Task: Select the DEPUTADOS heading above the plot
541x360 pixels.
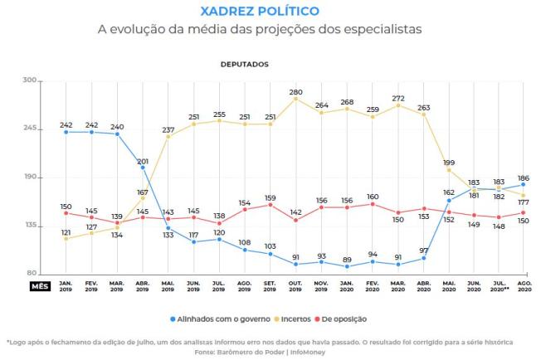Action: coord(244,63)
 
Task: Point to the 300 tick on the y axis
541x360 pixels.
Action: coord(31,80)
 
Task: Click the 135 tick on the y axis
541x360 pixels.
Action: coord(31,225)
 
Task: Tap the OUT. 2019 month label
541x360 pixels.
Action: coord(296,285)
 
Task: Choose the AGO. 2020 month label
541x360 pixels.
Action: coord(524,285)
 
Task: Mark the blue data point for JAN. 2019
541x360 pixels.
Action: coord(66,132)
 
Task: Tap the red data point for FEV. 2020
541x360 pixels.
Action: coord(373,204)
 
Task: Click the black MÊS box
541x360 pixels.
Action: coord(40,285)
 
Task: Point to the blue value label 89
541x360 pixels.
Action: coord(347,258)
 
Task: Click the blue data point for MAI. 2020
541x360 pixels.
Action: coord(449,200)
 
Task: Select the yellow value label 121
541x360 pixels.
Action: coord(66,231)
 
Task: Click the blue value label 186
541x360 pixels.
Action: coord(524,178)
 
